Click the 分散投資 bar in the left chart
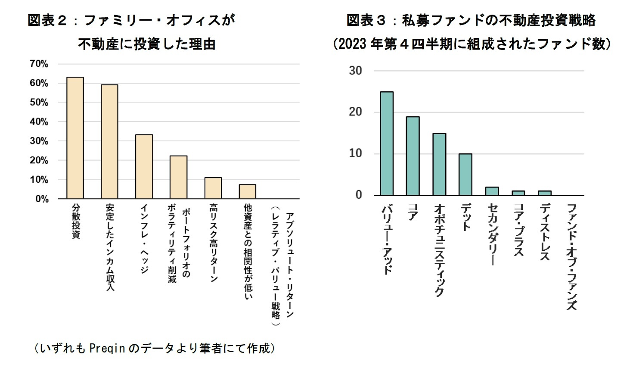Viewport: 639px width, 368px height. pyautogui.click(x=75, y=138)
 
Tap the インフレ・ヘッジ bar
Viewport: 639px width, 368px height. pyautogui.click(x=144, y=166)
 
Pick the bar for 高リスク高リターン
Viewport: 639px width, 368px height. pyautogui.click(x=213, y=188)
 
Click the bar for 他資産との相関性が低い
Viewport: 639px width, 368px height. pyautogui.click(x=247, y=191)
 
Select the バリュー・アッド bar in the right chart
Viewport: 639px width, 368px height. pyautogui.click(x=386, y=143)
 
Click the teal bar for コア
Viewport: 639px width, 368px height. pyautogui.click(x=413, y=156)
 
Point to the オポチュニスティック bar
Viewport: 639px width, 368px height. pyautogui.click(x=439, y=164)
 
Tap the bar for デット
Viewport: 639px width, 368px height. pyautogui.click(x=465, y=175)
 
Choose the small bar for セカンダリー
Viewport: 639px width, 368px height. pyautogui.click(x=492, y=191)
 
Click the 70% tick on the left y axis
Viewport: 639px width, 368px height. pyautogui.click(x=39, y=64)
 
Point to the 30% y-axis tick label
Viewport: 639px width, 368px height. pyautogui.click(x=39, y=141)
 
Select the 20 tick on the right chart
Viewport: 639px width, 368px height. pyautogui.click(x=355, y=112)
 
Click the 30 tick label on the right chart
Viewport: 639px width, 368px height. pyautogui.click(x=355, y=71)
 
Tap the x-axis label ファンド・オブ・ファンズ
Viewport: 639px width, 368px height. pyautogui.click(x=571, y=256)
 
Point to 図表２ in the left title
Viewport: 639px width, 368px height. pyautogui.click(x=47, y=20)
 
